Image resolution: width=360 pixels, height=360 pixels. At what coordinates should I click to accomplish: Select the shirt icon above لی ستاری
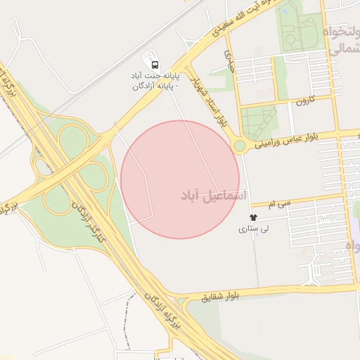(253, 218)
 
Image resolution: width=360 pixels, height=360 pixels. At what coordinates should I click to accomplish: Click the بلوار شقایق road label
(221, 297)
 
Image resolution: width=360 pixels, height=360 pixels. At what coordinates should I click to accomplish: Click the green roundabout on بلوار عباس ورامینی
(240, 146)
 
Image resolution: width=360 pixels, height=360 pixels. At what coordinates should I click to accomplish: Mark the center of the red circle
(180, 179)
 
